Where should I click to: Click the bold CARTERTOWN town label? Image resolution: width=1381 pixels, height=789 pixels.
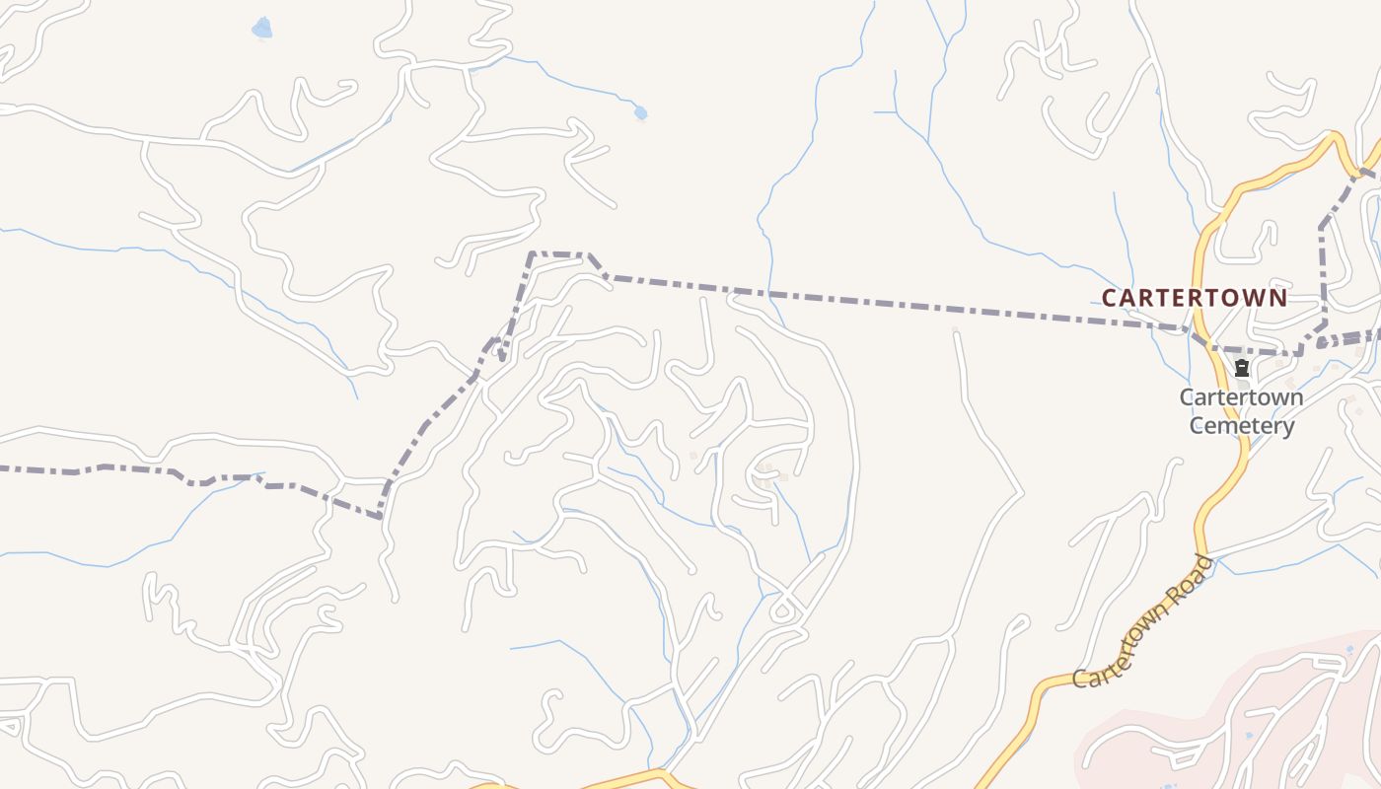point(1194,297)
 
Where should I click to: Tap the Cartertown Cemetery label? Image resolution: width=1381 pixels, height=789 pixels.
point(1241,411)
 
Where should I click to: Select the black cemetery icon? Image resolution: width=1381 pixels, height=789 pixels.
point(1242,369)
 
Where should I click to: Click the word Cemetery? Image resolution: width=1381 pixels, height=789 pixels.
point(1241,426)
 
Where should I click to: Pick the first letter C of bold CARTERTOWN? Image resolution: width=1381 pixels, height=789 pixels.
point(1109,297)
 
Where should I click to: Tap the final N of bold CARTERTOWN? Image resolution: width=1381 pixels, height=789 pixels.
point(1278,297)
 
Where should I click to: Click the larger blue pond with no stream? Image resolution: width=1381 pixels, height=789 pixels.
point(261,29)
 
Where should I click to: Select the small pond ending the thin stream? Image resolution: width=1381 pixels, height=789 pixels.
point(640,113)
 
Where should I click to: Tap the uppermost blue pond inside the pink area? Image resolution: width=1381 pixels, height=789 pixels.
point(1349,649)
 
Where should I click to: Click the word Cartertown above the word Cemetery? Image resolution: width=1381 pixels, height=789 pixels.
point(1241,397)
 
